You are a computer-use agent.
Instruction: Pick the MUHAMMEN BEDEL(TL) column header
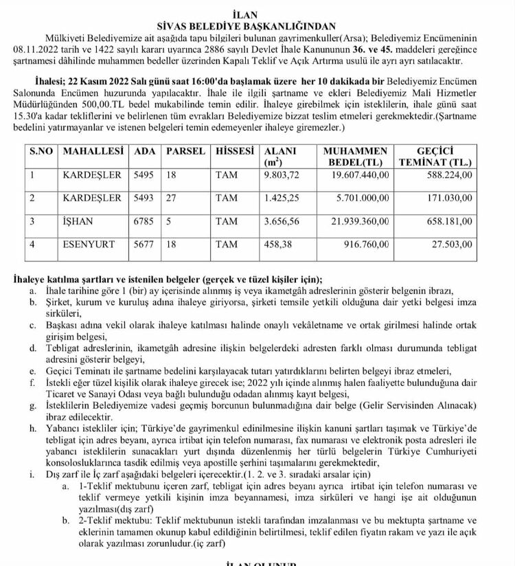pyautogui.click(x=354, y=157)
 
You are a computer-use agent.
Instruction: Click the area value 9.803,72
pyautogui.click(x=282, y=175)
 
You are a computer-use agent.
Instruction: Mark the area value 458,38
pyautogui.click(x=277, y=244)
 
